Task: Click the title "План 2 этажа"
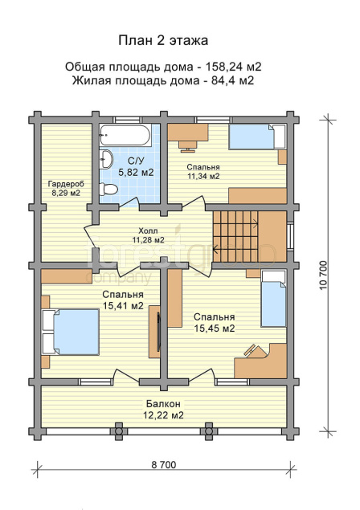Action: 163,41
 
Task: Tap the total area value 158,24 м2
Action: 233,67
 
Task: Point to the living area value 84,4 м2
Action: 232,80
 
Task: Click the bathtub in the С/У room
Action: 125,135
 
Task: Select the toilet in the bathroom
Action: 108,189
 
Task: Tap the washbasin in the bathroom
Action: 106,159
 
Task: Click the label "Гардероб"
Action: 66,184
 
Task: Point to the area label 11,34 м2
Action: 203,176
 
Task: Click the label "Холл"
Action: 148,231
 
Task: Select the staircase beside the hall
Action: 235,236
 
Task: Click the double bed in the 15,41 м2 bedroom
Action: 71,332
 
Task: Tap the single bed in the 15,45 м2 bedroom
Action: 274,299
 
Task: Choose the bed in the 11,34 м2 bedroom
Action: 257,137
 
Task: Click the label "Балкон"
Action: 163,404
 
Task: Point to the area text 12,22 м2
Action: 163,415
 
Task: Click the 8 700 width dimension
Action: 163,465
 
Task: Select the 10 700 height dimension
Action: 323,275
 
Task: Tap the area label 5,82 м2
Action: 136,173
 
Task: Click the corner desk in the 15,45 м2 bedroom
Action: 260,361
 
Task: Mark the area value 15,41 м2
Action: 123,306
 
